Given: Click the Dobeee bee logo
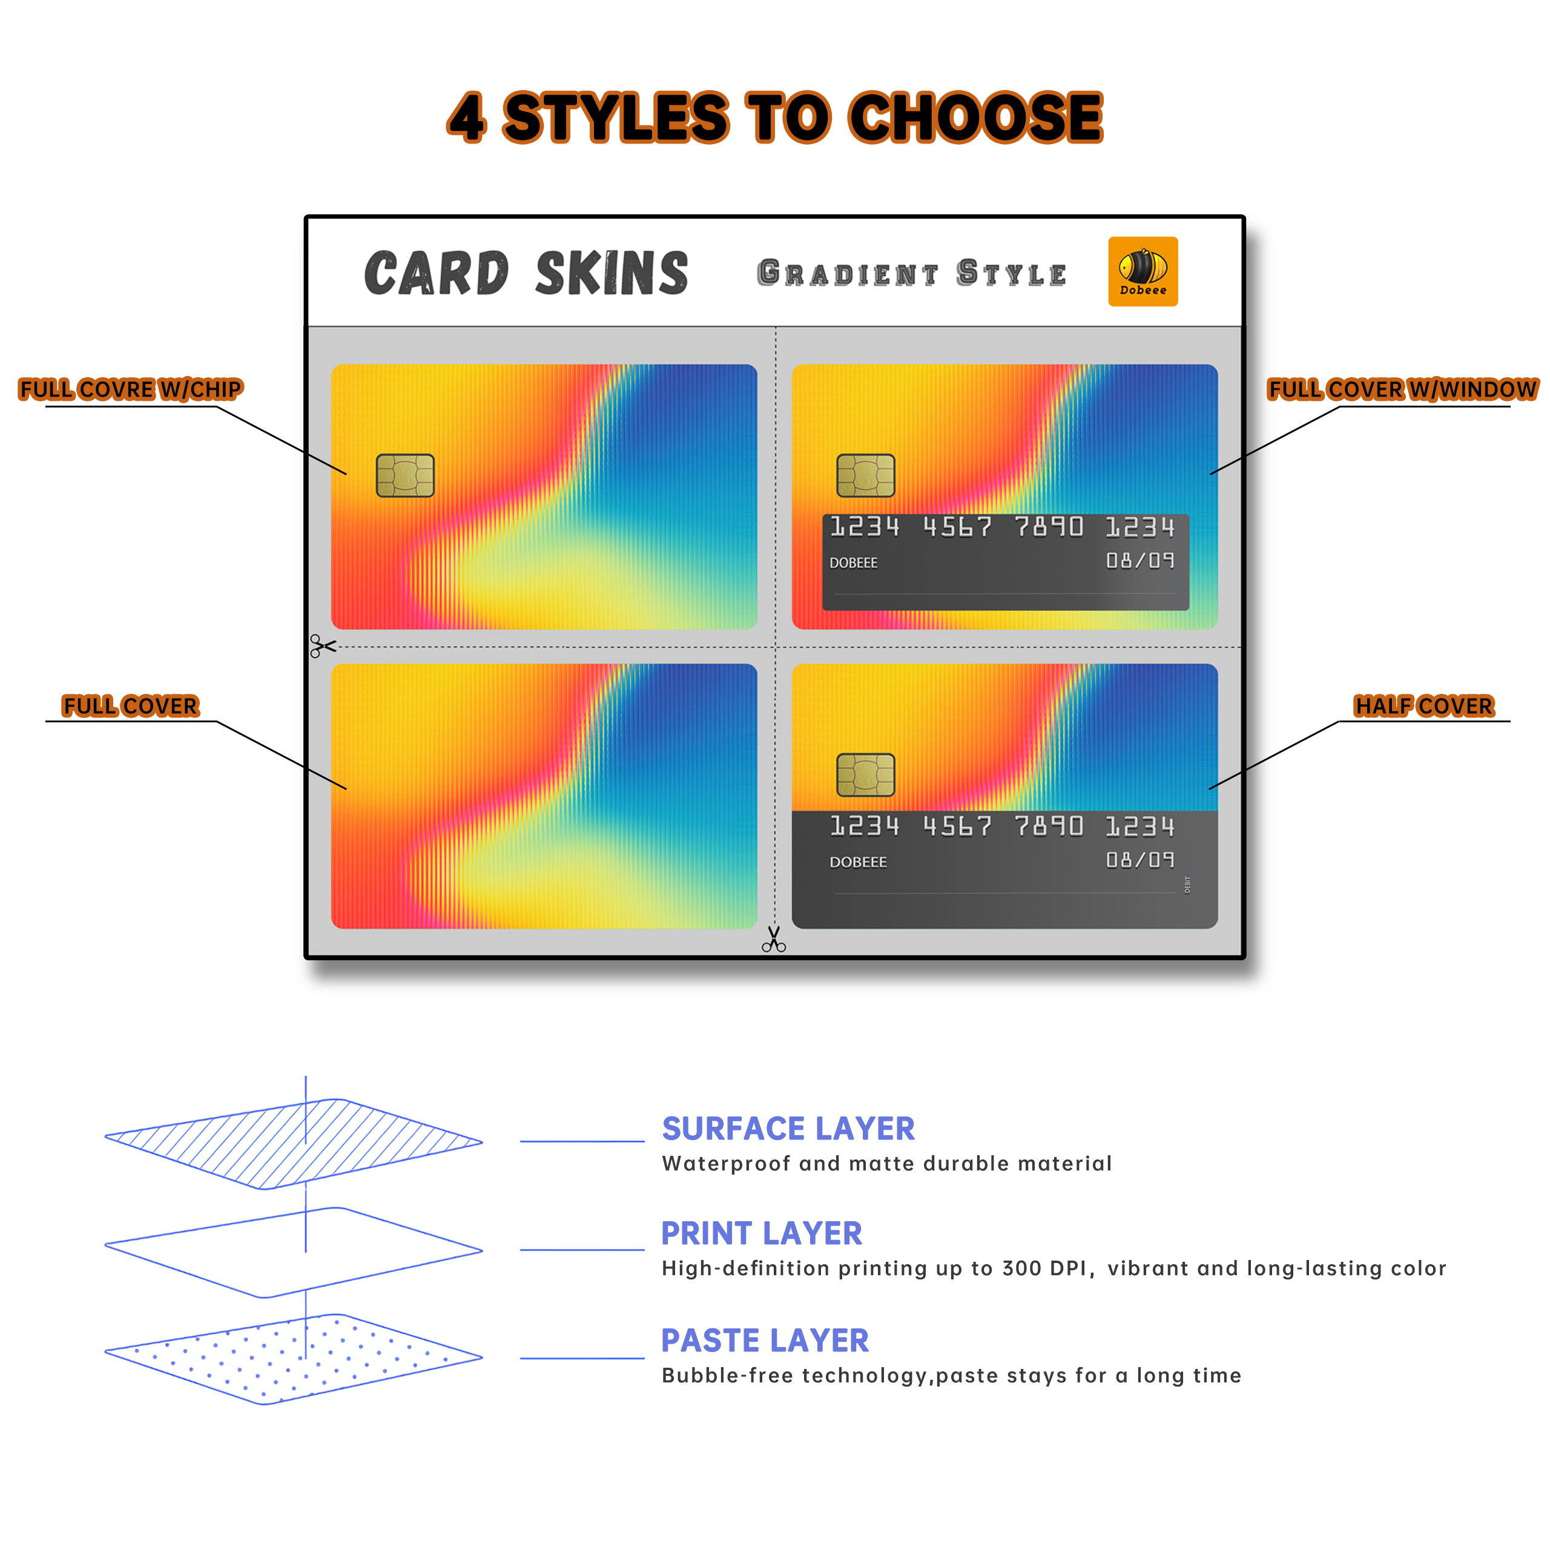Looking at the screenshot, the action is tap(1143, 271).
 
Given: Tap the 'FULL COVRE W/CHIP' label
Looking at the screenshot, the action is tap(130, 389).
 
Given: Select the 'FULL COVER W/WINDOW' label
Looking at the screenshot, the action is tap(1402, 389).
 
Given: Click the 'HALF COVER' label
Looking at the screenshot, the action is tap(1423, 706).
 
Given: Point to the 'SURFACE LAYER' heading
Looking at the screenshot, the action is tap(788, 1129).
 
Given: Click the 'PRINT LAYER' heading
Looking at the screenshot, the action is tap(761, 1233).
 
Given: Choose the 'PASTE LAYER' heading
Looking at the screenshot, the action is tap(765, 1341).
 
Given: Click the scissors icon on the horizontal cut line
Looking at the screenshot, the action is tap(323, 646).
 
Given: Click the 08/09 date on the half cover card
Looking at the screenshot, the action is tap(1139, 860).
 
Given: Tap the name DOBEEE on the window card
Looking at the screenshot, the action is tap(853, 563).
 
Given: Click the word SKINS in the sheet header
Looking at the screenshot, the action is tap(612, 273).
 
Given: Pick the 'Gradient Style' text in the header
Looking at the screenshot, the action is tap(911, 274).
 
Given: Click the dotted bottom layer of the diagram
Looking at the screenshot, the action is tap(294, 1359).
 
